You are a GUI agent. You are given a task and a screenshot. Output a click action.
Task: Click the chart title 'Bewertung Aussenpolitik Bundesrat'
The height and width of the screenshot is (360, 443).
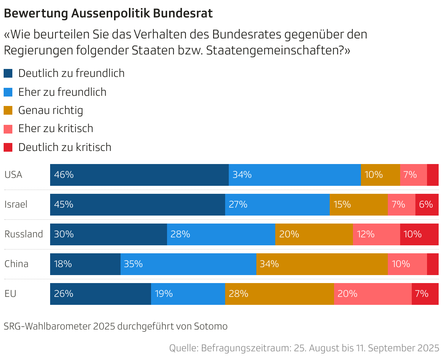(108, 13)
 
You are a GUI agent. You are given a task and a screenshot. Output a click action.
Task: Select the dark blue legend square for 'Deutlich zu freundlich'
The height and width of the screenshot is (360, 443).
(8, 73)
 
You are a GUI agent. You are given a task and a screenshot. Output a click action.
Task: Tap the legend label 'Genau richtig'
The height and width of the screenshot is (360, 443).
(50, 110)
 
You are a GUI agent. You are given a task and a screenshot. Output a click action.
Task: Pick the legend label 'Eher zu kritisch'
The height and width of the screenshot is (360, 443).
(56, 128)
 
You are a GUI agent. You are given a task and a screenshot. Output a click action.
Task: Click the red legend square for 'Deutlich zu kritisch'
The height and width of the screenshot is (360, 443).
(8, 147)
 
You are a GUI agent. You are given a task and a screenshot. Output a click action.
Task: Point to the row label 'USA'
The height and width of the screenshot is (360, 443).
(13, 175)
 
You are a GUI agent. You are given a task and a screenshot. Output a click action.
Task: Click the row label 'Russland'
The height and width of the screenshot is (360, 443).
(24, 234)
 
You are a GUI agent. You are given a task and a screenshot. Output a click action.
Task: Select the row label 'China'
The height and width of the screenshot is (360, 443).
(16, 264)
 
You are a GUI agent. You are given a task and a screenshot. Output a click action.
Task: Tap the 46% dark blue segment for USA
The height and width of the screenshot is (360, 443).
(139, 175)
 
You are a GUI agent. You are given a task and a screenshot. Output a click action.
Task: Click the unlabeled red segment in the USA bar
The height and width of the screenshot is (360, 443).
(432, 175)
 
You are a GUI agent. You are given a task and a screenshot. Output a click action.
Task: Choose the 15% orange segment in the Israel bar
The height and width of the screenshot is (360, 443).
(358, 205)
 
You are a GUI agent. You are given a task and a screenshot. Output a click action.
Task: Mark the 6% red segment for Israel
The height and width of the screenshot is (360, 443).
(427, 205)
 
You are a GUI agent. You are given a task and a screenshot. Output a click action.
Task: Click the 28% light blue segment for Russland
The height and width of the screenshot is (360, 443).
(221, 234)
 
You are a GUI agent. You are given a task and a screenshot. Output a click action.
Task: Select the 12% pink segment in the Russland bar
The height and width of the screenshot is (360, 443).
(376, 234)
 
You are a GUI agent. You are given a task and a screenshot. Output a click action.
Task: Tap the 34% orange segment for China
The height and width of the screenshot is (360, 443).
(322, 264)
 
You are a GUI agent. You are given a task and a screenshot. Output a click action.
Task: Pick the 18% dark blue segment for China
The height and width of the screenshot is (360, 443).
(85, 264)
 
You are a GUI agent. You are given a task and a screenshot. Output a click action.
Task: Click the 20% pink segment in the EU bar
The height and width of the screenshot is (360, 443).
(373, 294)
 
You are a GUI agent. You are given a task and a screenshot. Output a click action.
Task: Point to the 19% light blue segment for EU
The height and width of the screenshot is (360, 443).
(188, 294)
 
